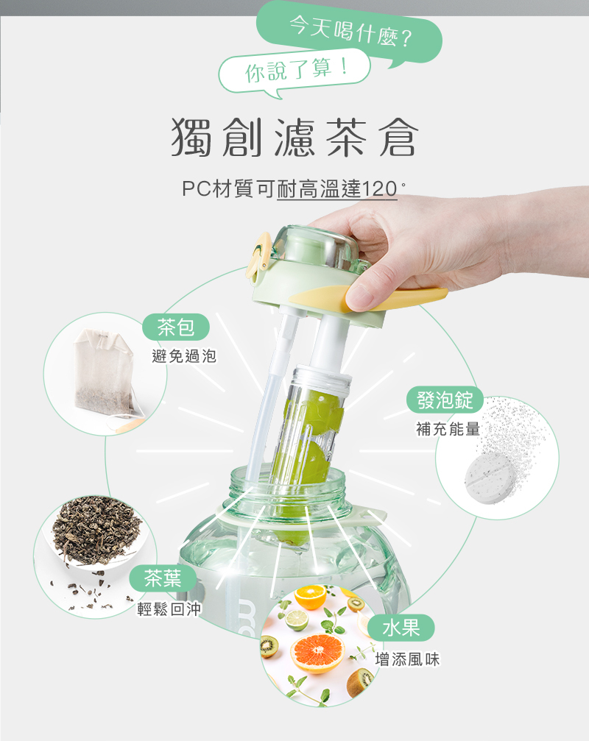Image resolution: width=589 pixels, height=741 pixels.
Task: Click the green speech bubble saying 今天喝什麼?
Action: pos(350,34)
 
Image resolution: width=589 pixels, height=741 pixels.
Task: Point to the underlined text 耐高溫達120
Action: pos(337,189)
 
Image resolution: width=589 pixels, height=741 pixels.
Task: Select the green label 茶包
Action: pos(176,327)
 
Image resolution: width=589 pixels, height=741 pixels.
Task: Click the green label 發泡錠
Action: pos(445,400)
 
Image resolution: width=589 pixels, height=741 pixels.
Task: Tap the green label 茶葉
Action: pos(163,578)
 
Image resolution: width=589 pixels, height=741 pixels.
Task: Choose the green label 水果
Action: pos(401,628)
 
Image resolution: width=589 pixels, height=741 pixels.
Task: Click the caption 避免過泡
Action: pos(184,356)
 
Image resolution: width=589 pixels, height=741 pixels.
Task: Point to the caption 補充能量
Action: pos(448,429)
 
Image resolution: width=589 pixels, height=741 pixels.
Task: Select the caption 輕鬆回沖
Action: pos(169,609)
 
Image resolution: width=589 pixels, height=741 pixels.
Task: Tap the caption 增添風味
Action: pos(407,659)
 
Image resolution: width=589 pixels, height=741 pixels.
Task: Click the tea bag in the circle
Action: pos(106,371)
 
